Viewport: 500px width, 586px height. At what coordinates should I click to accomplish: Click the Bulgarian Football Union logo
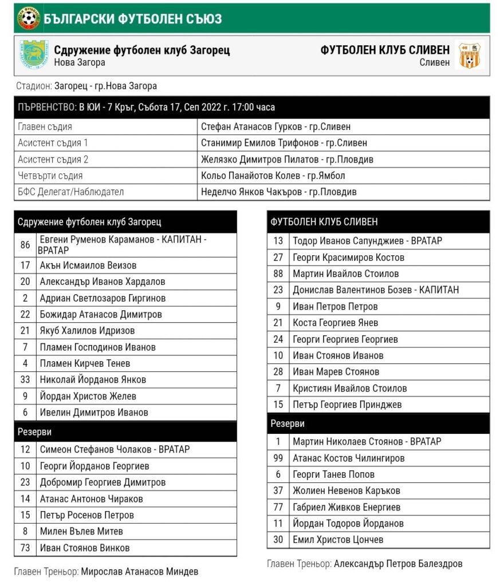[x=27, y=18]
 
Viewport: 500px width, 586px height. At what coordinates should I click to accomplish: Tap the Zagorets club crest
[x=35, y=56]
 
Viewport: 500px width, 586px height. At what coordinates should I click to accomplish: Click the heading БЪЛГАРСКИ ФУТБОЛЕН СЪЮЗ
[x=132, y=19]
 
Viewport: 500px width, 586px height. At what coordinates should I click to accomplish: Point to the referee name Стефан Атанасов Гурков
[x=275, y=126]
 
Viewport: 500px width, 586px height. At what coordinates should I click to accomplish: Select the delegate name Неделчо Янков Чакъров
[x=278, y=192]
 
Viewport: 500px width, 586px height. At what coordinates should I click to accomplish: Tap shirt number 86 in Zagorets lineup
[x=25, y=245]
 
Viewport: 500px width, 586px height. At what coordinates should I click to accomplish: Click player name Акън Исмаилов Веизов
[x=88, y=265]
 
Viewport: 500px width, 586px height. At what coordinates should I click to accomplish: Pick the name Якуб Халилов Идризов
[x=87, y=330]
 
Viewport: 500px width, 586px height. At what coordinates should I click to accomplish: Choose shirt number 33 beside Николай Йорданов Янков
[x=25, y=379]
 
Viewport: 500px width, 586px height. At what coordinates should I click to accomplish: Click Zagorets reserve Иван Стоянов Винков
[x=85, y=548]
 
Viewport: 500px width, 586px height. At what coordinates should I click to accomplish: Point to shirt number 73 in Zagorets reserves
[x=25, y=548]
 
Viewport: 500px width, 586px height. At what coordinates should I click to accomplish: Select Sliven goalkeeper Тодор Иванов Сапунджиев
[x=367, y=241]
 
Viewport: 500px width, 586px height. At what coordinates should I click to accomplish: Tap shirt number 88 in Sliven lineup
[x=278, y=274]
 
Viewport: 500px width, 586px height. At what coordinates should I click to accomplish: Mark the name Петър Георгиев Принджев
[x=347, y=404]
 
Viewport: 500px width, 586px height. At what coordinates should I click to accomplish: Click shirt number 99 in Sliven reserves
[x=278, y=458]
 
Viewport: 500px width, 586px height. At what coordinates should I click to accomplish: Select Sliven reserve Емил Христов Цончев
[x=338, y=539]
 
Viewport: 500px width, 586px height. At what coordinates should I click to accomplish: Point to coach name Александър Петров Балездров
[x=397, y=564]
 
